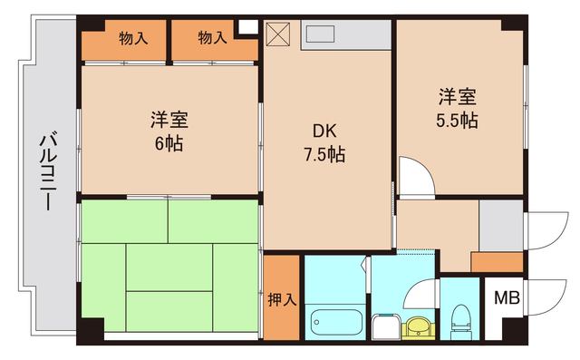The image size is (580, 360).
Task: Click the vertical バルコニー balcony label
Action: [45, 173]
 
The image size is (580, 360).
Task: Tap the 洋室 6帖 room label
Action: [169, 131]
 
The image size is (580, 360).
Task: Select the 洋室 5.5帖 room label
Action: [459, 107]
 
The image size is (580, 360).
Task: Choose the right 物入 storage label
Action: [212, 38]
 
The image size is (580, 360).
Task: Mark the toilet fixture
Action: [459, 321]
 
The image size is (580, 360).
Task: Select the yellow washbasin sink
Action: [418, 324]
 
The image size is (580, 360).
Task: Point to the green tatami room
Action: [169, 267]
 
